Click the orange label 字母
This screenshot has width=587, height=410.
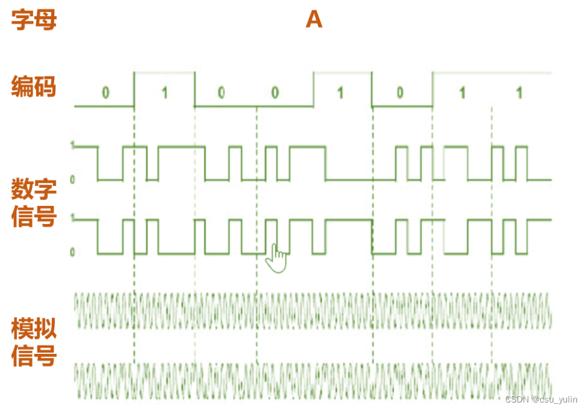pyautogui.click(x=34, y=20)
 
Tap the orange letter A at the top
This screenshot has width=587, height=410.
pyautogui.click(x=314, y=20)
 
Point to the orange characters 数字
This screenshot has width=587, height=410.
pyautogui.click(x=34, y=188)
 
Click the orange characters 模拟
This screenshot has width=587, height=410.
pyautogui.click(x=34, y=329)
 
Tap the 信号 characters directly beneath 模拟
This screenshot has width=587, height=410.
pyautogui.click(x=34, y=356)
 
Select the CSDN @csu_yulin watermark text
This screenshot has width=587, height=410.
pyautogui.click(x=541, y=399)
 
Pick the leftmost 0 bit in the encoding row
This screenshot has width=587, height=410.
pyautogui.click(x=105, y=93)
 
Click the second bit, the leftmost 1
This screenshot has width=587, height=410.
pyautogui.click(x=165, y=93)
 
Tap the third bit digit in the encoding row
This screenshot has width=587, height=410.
pyautogui.click(x=221, y=93)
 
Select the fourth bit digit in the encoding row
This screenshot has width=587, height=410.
pyautogui.click(x=275, y=93)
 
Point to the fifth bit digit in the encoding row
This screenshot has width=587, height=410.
pyautogui.click(x=340, y=93)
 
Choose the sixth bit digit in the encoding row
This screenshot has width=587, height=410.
pyautogui.click(x=400, y=93)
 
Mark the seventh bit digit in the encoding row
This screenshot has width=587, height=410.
pyautogui.click(x=462, y=93)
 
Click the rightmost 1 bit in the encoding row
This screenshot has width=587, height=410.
pyautogui.click(x=519, y=93)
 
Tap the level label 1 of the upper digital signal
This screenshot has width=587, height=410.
pyautogui.click(x=72, y=146)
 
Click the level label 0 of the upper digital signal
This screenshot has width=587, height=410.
pyautogui.click(x=72, y=180)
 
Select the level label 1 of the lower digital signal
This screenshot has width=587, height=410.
pyautogui.click(x=72, y=219)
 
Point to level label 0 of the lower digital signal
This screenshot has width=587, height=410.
pyautogui.click(x=72, y=253)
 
